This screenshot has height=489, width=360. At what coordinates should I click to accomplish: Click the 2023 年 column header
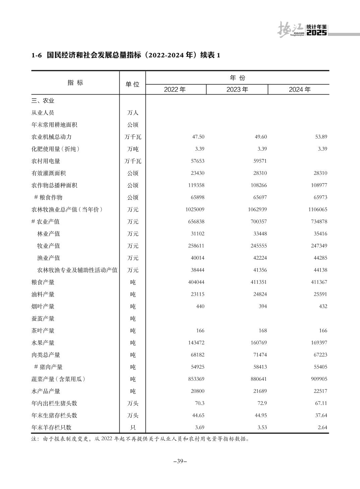click(x=237, y=90)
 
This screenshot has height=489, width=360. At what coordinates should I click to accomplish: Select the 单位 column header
click(x=132, y=84)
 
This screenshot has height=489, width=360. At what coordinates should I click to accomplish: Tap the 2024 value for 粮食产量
click(x=319, y=282)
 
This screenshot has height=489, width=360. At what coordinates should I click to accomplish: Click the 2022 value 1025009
click(x=194, y=210)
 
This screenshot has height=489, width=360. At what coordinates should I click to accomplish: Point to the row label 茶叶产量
click(x=43, y=331)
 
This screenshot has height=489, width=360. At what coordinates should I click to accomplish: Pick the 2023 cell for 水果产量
click(x=258, y=343)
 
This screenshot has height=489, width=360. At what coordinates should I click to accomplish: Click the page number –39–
click(x=180, y=461)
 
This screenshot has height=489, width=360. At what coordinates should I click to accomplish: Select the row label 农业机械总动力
click(x=51, y=137)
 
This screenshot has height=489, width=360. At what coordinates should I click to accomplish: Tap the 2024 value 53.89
click(x=321, y=137)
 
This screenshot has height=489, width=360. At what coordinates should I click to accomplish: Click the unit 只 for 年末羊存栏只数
click(x=133, y=428)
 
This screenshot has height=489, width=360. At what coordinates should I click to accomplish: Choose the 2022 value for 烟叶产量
click(x=200, y=306)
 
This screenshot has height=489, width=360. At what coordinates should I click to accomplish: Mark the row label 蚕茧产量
click(x=43, y=319)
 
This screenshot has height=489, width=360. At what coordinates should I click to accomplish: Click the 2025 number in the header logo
click(x=317, y=33)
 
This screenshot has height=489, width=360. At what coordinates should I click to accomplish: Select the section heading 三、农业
click(x=43, y=101)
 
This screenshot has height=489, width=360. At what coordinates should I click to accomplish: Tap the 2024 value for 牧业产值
click(x=319, y=246)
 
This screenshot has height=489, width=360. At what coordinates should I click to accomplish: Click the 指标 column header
click(x=75, y=83)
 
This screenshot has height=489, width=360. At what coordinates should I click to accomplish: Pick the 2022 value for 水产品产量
click(x=196, y=391)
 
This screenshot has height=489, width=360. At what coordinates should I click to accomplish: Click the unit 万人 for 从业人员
click(x=133, y=113)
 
